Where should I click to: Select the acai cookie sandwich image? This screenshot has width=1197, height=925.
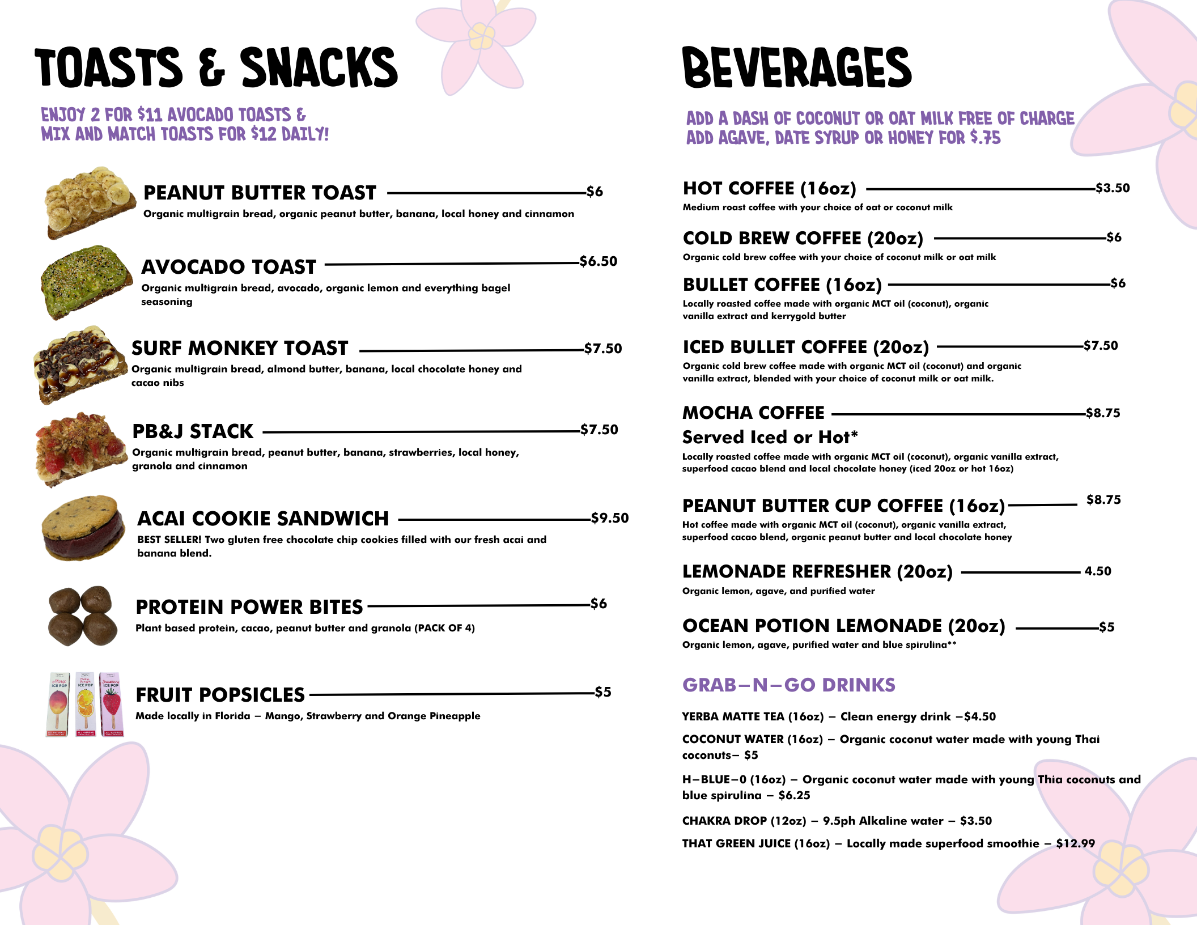[x=83, y=528]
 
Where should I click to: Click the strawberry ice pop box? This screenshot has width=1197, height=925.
[x=112, y=705]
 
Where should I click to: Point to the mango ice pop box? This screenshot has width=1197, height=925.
[x=58, y=705]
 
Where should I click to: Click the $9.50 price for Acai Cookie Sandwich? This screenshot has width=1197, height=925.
[x=610, y=518]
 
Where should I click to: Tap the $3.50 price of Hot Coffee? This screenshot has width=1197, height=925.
[x=1113, y=188]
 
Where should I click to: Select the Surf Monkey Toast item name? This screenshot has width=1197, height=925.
[x=240, y=348]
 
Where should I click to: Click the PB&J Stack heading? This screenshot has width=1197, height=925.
[x=193, y=431]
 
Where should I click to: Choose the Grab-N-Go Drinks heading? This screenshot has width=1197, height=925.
[x=788, y=685]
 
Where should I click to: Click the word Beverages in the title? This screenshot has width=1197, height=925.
[x=797, y=68]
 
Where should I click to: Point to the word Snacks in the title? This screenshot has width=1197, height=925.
[x=319, y=68]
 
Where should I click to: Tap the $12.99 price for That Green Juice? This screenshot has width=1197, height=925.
[x=1075, y=843]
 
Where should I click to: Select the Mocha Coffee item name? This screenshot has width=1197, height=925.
[x=753, y=413]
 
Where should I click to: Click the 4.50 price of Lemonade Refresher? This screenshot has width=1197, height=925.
[x=1098, y=571]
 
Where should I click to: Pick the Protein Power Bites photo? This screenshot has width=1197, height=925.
[x=83, y=616]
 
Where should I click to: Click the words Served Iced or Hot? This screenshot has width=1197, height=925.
[x=770, y=437]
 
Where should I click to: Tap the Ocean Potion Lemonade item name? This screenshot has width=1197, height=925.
[x=843, y=626]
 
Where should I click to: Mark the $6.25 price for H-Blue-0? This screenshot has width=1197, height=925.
[x=794, y=795]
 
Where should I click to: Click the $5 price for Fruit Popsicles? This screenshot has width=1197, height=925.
[x=603, y=692]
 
